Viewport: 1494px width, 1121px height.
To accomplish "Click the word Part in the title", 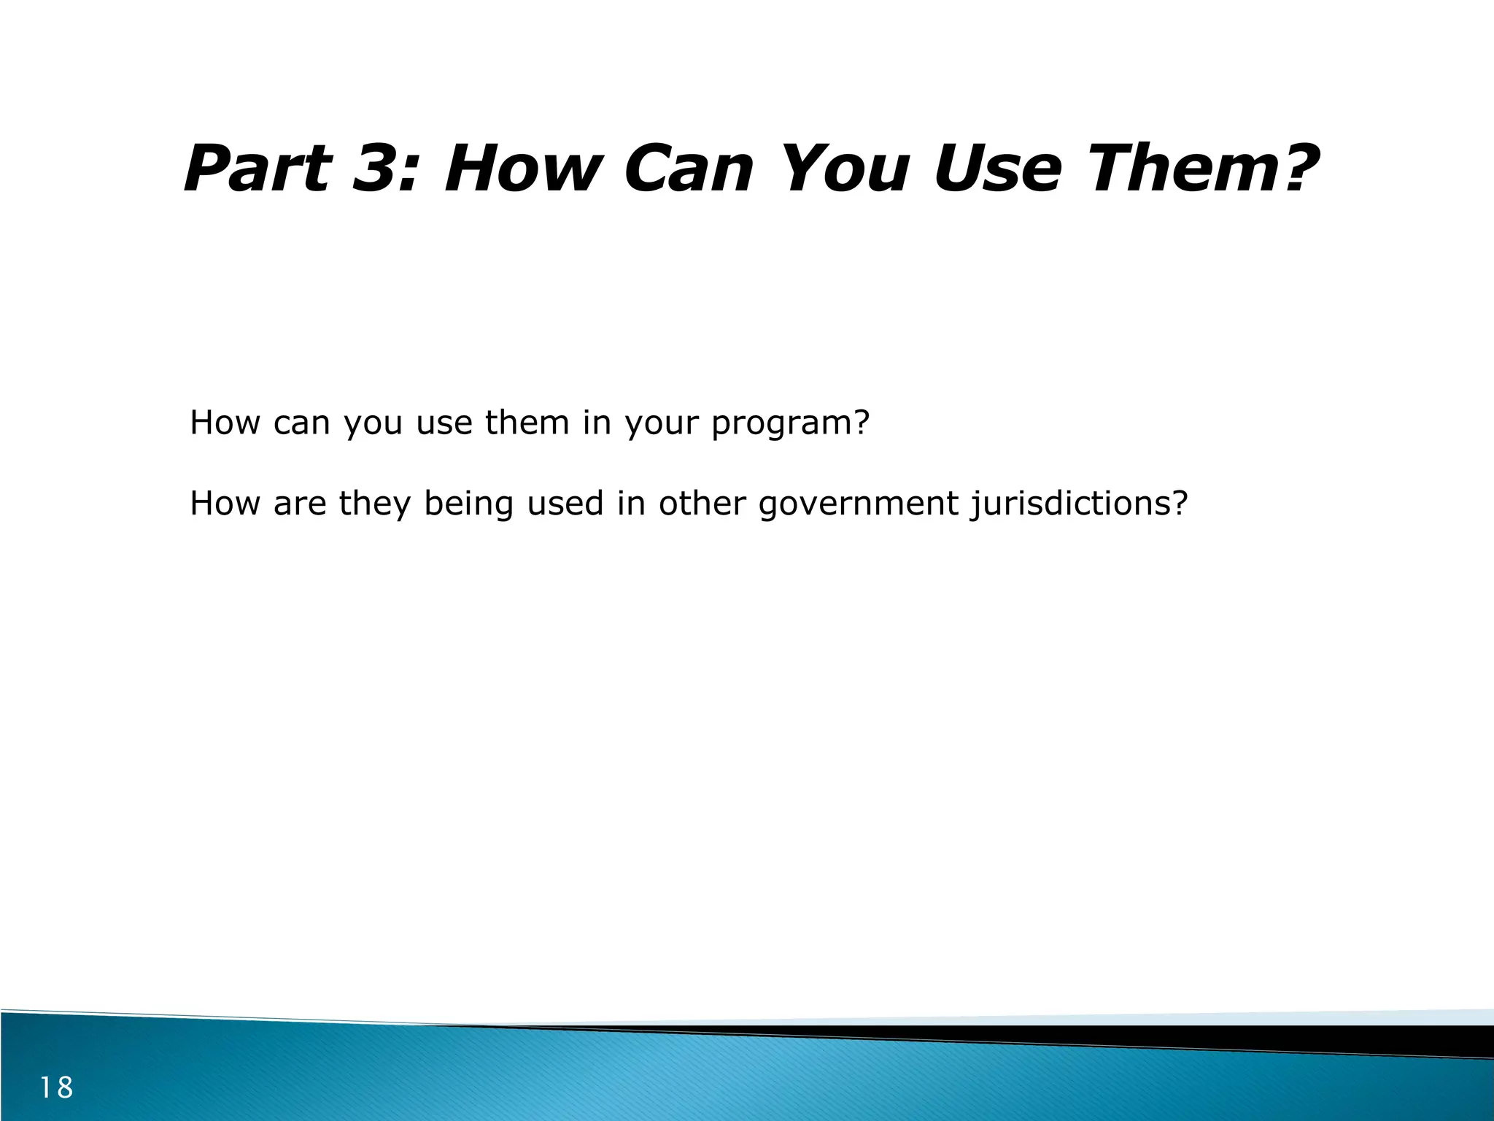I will (258, 169).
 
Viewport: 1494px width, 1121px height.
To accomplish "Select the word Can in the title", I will (688, 169).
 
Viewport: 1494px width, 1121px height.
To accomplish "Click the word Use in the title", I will (996, 169).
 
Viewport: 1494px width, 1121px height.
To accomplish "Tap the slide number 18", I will (56, 1087).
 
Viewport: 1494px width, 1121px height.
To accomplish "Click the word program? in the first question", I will (790, 424).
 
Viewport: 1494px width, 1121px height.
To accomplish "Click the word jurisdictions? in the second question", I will (1079, 504).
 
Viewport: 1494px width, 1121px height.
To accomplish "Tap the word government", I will (858, 504).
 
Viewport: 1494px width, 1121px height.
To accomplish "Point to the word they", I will (375, 504).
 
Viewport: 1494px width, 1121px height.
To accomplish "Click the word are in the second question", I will (300, 504).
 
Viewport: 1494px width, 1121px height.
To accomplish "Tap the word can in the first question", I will (301, 423).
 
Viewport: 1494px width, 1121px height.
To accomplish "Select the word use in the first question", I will (444, 423).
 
